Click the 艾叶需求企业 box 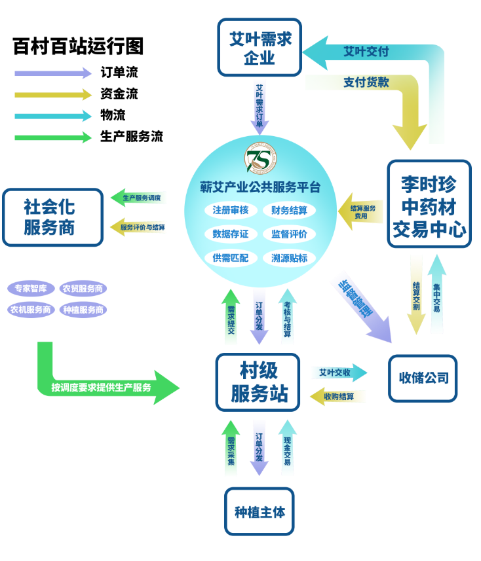coord(260,48)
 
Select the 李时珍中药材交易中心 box coord(429,205)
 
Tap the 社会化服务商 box coord(52,217)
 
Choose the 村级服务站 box coord(258,382)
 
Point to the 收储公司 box coord(423,378)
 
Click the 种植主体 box coord(260,511)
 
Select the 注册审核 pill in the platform coord(231,210)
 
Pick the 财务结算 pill coord(289,210)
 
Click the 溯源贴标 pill coord(289,258)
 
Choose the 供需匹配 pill coord(231,258)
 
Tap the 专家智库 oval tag coord(31,289)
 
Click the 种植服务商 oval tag coord(83,310)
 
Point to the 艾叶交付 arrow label coord(366,52)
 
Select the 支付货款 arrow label coord(366,82)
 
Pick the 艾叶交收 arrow coord(338,372)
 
